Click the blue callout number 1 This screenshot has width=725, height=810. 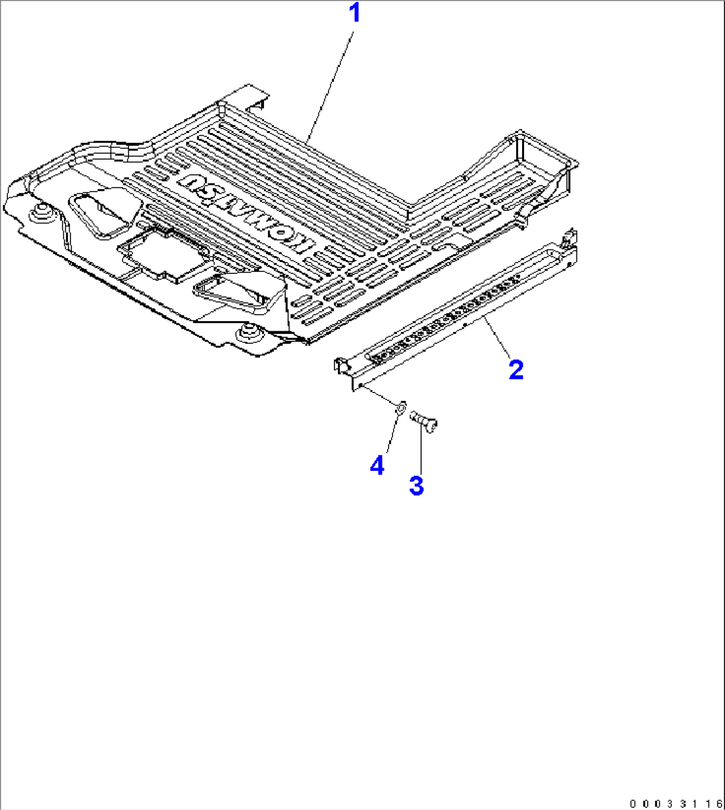pos(355,13)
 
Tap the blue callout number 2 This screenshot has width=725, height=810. pos(515,369)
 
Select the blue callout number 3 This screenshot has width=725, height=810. pos(416,485)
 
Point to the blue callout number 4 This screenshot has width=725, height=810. pos(377,466)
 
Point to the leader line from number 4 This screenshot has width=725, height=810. pos(389,436)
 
